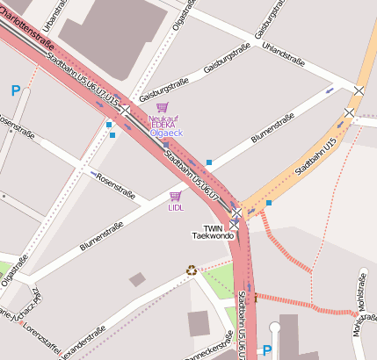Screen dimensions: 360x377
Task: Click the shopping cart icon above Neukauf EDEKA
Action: click(x=161, y=107)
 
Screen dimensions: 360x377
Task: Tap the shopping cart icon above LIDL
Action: click(x=175, y=196)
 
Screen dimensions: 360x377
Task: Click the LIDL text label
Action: click(x=176, y=208)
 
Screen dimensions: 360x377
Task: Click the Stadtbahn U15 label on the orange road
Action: click(x=316, y=156)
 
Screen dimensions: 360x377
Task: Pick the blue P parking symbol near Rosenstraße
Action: click(x=15, y=90)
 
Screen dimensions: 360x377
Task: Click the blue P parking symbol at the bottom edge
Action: click(x=267, y=350)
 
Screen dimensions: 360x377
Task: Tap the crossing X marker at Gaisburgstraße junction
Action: click(x=127, y=111)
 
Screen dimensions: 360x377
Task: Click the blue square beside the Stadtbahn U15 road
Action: click(x=269, y=203)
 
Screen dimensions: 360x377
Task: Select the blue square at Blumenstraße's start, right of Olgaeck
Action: click(x=209, y=162)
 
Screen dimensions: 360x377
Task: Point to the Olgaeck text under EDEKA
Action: click(x=166, y=133)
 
